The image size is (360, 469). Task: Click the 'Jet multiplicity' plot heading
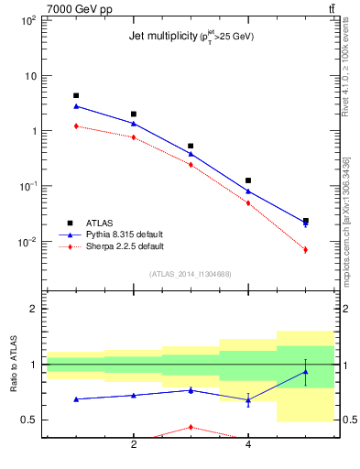click(x=191, y=37)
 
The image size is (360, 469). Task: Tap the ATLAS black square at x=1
click(x=76, y=95)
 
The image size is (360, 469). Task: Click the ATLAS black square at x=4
click(x=248, y=180)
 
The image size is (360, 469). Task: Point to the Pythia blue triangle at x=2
click(x=134, y=123)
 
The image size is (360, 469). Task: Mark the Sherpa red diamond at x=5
click(x=305, y=249)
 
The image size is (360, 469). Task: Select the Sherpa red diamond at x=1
click(x=76, y=125)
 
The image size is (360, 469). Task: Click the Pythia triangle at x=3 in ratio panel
click(x=191, y=390)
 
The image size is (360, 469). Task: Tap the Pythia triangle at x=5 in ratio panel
click(x=305, y=371)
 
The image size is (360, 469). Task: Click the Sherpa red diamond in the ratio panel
click(x=191, y=427)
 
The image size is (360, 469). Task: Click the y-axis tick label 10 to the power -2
click(x=27, y=243)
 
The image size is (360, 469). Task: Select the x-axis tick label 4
click(x=248, y=446)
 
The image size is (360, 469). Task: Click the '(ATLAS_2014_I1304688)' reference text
click(x=191, y=274)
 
